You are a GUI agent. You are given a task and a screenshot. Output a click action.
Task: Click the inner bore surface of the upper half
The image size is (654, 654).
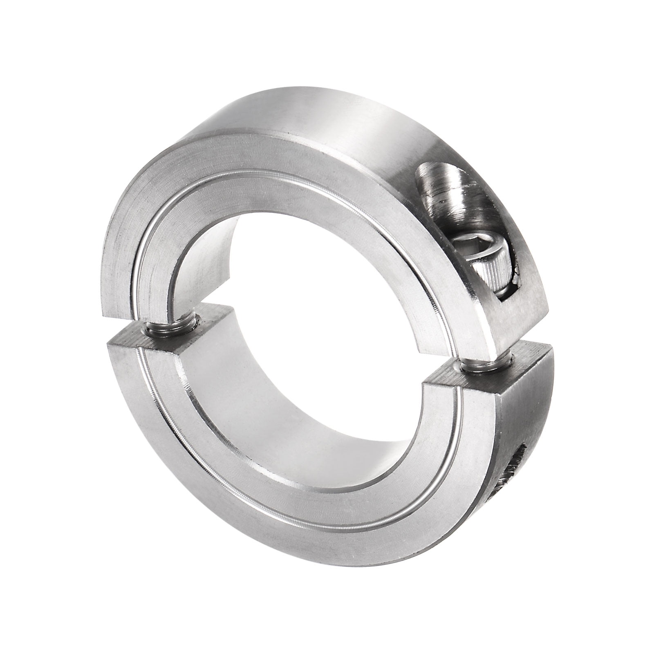pyautogui.click(x=200, y=262)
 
